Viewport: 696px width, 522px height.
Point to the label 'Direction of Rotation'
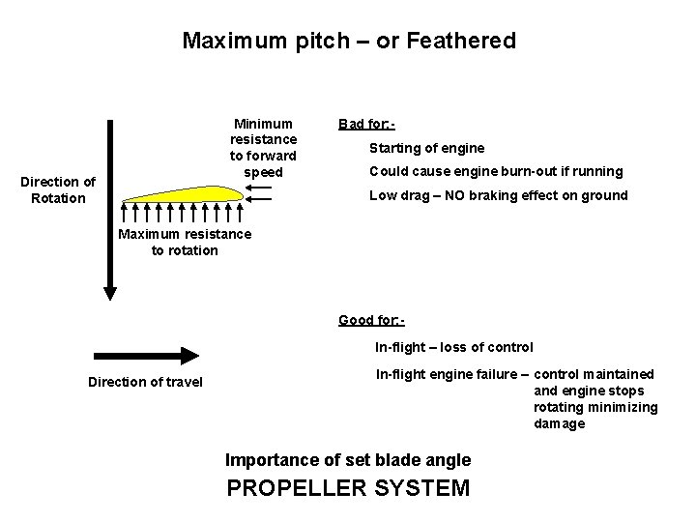[x=58, y=189]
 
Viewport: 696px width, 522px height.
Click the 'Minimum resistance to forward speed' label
[x=263, y=148]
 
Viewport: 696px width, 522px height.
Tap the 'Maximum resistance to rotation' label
[x=184, y=242]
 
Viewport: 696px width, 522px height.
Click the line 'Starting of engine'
[x=426, y=148]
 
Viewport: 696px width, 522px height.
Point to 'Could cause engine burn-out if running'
[x=496, y=171]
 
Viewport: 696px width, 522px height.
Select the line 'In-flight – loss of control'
[x=453, y=346]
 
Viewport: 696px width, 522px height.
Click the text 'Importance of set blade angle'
[x=347, y=459]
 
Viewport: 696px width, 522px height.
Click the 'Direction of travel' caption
[x=145, y=382]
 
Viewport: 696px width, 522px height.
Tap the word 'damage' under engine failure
[x=559, y=423]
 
